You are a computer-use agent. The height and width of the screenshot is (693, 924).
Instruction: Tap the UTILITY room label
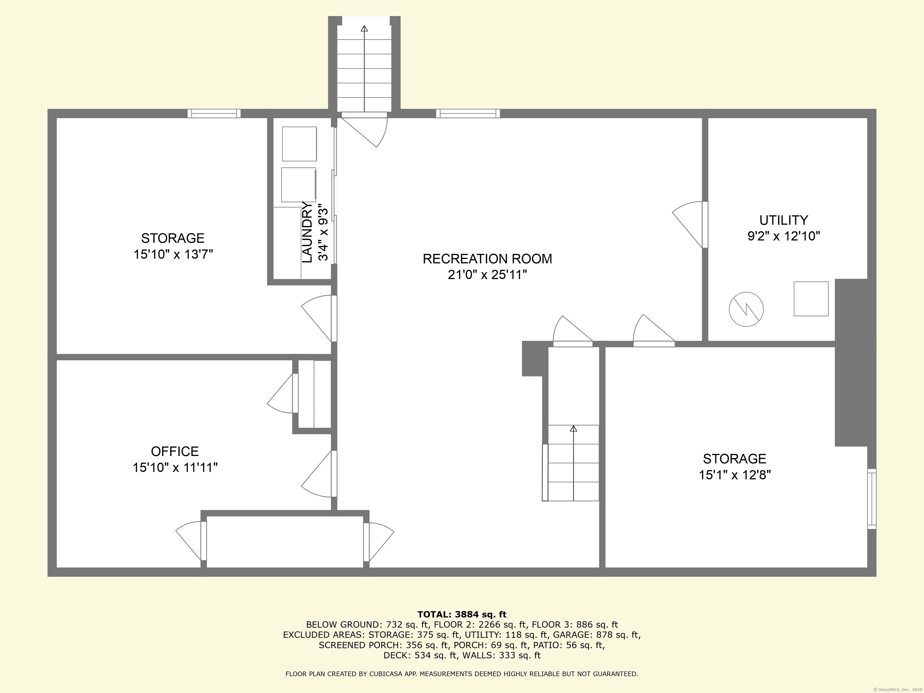(x=783, y=220)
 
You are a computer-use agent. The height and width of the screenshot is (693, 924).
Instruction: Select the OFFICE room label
(x=175, y=451)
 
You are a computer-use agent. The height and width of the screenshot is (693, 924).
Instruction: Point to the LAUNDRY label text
(x=307, y=232)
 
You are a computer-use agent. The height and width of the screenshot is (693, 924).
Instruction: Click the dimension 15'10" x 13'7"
(x=173, y=254)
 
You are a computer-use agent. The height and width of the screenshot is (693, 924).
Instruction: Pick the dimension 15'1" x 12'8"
(x=735, y=475)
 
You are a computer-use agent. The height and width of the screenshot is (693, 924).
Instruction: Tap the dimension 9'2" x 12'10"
(x=784, y=236)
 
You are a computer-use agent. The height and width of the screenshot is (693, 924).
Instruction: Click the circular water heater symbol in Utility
(x=746, y=310)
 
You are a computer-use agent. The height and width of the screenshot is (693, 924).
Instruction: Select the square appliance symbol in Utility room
(x=811, y=299)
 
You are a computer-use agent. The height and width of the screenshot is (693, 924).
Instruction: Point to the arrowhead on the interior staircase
(x=574, y=429)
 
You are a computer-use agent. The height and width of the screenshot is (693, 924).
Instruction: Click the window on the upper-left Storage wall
(x=214, y=113)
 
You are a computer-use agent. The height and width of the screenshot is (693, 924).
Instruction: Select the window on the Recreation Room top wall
(x=468, y=113)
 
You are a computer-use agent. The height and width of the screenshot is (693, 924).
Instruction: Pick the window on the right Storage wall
(x=872, y=499)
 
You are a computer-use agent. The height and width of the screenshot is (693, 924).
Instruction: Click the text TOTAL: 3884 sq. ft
(x=462, y=614)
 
